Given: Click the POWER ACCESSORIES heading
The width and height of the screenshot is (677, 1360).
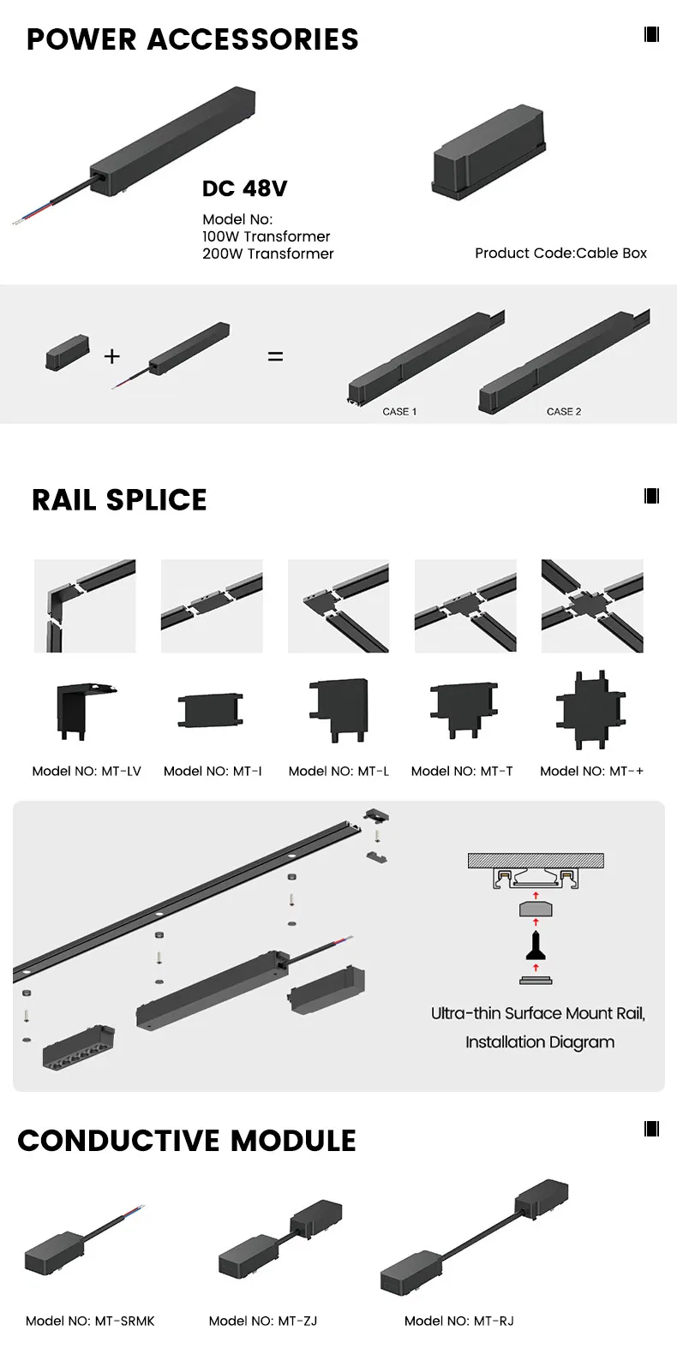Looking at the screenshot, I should point(192,39).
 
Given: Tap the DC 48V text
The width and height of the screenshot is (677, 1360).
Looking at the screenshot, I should point(244,188).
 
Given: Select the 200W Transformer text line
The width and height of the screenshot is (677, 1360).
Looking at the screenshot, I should point(267,254).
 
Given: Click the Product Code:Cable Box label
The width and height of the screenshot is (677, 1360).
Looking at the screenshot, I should point(560,253).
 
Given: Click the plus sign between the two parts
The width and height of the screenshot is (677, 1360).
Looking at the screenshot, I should point(112,355).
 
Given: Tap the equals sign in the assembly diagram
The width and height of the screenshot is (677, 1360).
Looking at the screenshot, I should point(275,356).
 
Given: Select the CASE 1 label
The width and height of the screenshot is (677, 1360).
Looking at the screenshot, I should point(399,412).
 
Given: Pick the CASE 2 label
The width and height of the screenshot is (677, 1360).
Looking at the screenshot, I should point(564,412).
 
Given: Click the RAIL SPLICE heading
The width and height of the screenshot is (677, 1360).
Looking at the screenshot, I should point(119,499).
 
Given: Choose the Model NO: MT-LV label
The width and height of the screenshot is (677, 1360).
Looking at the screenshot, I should point(87,771).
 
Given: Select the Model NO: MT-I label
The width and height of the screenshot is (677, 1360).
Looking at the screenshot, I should point(213,771).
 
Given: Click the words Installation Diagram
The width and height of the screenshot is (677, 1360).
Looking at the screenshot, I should point(540,1042).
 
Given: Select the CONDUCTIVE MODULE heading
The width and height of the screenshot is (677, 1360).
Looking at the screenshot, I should point(186,1140).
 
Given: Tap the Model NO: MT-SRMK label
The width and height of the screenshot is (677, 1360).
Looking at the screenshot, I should point(90,1321).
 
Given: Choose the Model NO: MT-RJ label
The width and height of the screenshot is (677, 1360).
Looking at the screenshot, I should point(458,1321).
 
